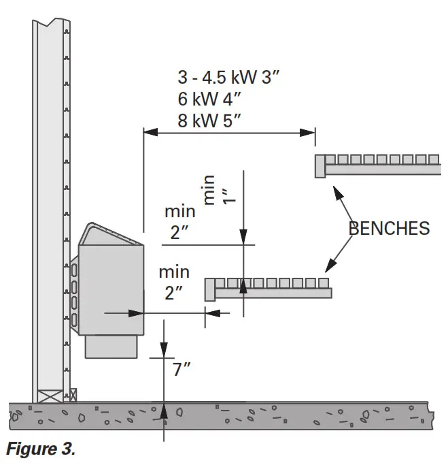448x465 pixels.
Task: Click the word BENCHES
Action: click(389, 227)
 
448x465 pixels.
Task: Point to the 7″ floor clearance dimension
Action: click(182, 370)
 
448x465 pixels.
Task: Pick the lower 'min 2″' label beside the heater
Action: click(174, 283)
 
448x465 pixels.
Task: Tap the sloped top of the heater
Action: click(111, 235)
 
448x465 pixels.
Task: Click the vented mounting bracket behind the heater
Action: click(74, 293)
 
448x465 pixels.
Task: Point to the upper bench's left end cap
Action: click(320, 166)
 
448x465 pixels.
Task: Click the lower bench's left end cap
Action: click(210, 289)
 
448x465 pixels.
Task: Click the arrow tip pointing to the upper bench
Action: click(334, 185)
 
